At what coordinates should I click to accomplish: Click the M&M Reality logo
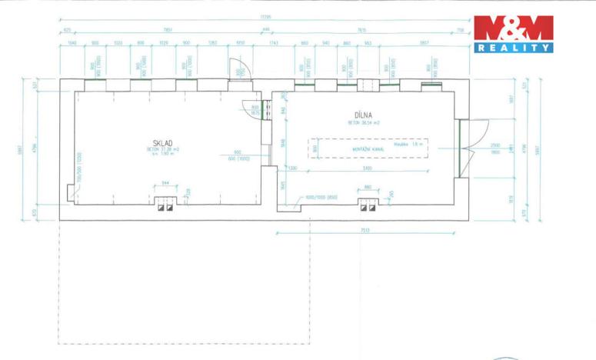(513, 29)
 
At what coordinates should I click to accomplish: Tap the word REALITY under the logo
(513, 48)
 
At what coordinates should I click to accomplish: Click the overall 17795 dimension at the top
(266, 16)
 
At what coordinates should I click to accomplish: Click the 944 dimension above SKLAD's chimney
(164, 184)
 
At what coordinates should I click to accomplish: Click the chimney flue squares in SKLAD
(165, 205)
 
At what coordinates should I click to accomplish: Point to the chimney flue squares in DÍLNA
(368, 205)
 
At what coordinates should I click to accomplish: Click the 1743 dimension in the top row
(274, 43)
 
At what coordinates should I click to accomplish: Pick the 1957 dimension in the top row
(424, 43)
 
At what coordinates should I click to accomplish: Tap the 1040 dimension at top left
(72, 43)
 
